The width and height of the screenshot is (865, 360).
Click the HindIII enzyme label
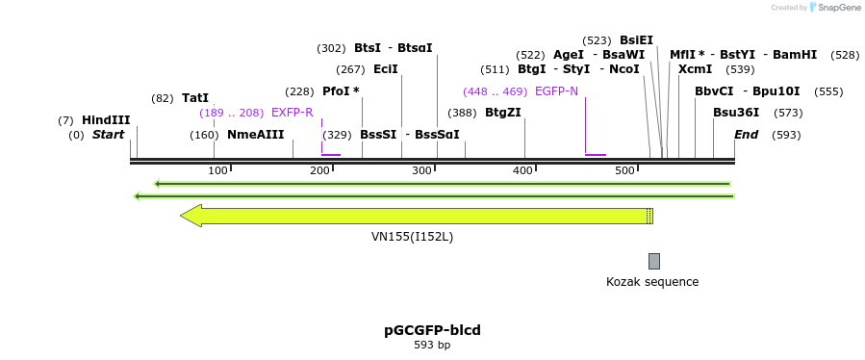coord(106,120)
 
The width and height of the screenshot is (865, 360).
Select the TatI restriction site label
coord(195,98)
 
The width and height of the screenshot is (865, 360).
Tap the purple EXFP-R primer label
coord(293,113)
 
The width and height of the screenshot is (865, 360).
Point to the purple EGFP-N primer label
coord(556,91)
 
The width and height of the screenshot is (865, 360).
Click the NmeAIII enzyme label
coord(255,135)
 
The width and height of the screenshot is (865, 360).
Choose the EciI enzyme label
coord(385,69)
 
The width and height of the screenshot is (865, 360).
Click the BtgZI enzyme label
coord(502,113)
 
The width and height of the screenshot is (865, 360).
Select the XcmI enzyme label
coord(695,69)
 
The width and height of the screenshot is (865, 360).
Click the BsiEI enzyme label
coord(636,40)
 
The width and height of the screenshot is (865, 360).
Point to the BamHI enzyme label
coord(795,55)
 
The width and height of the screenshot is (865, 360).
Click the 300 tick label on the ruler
coord(421,170)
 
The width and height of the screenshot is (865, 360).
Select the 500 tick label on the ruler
coord(625,170)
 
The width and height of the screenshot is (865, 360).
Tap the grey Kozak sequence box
coord(654,261)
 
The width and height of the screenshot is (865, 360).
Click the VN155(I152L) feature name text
coord(412,236)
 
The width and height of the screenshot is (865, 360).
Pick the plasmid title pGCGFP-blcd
coord(432,330)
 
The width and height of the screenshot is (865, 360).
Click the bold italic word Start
coord(108,135)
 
